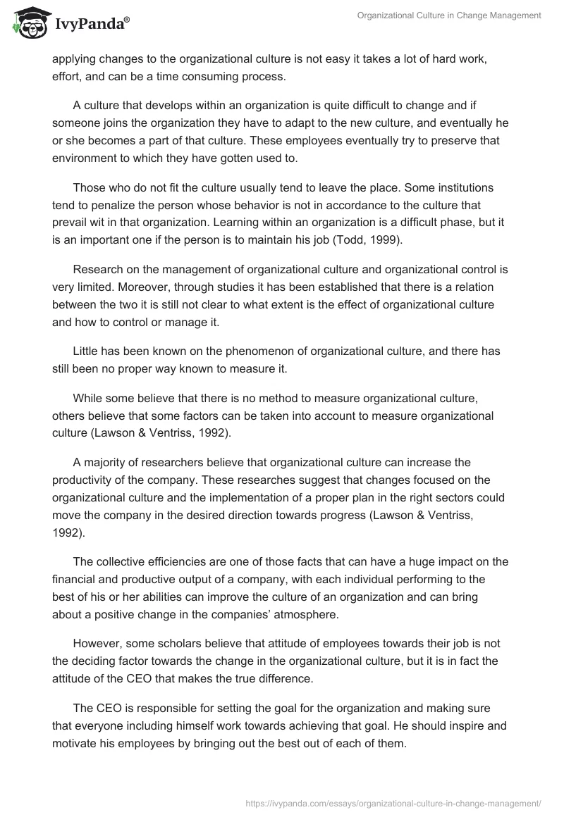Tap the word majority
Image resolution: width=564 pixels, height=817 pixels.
(x=104, y=462)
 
